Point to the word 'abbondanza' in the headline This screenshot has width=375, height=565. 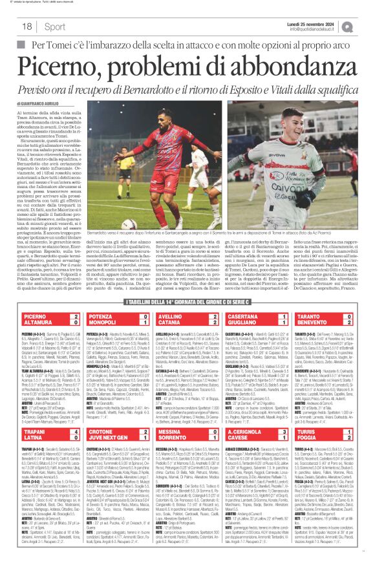(285, 62)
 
